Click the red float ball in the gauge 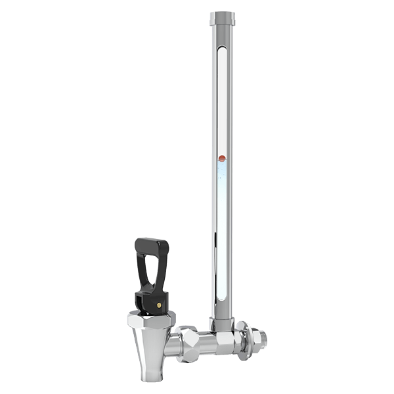221,158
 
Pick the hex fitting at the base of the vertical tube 221,322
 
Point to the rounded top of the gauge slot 221,48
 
